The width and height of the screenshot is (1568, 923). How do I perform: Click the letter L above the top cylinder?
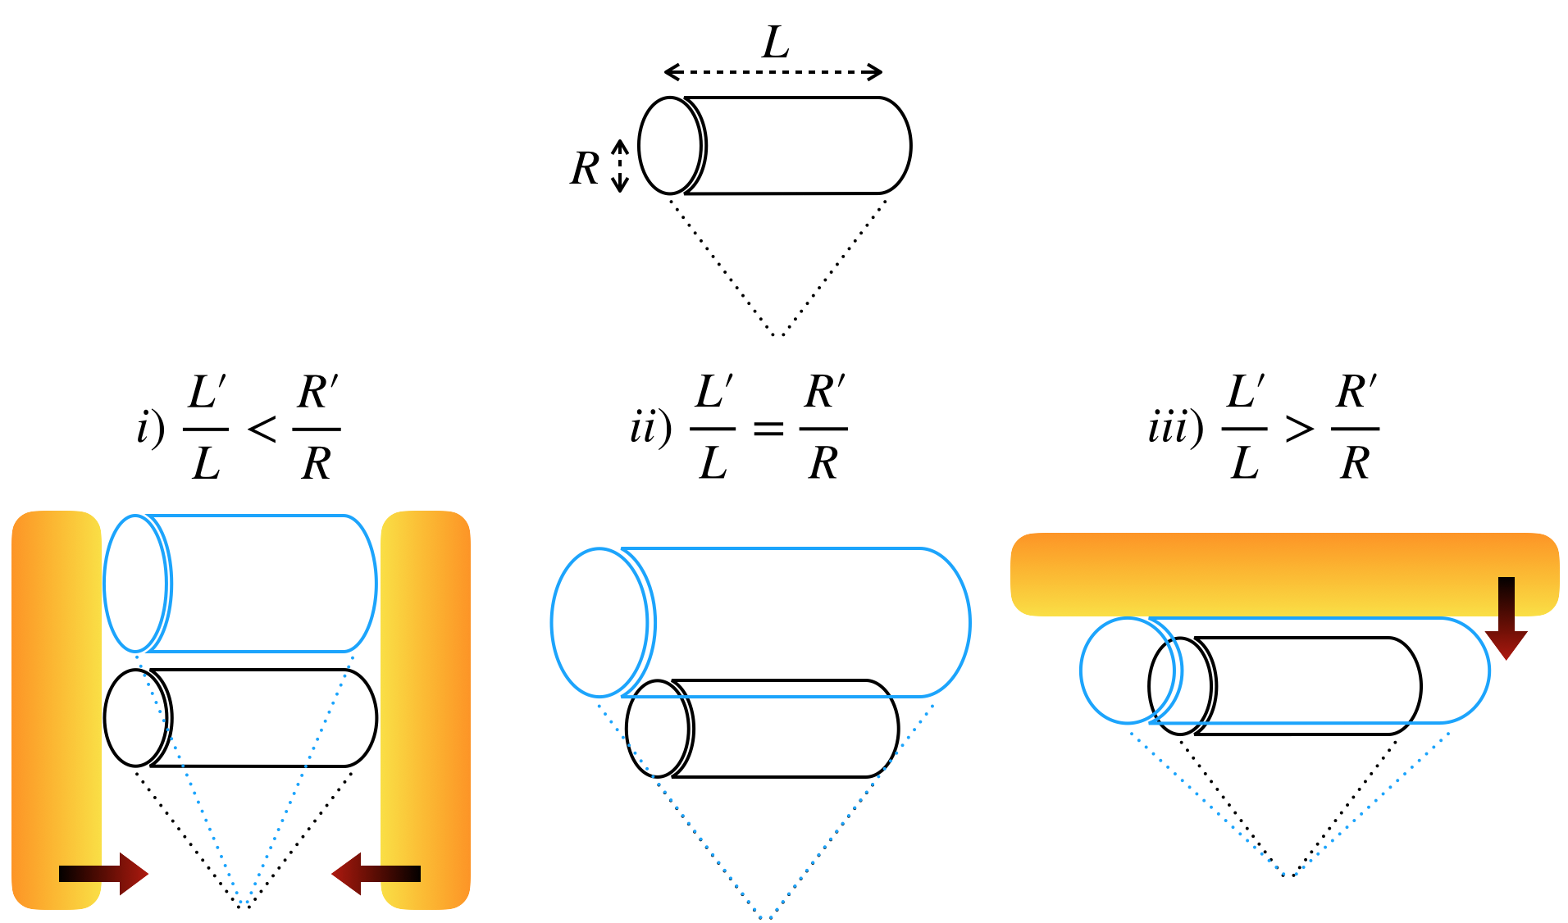[x=775, y=43]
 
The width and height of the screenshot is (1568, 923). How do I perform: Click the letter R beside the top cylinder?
[x=585, y=170]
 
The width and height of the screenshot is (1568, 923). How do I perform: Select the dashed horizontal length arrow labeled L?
[x=773, y=72]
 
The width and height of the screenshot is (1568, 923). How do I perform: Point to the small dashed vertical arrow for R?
[x=621, y=166]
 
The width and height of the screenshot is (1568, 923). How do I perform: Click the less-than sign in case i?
[x=262, y=429]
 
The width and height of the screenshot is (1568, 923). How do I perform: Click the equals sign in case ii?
[x=768, y=429]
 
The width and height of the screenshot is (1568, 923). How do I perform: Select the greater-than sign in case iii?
[x=1299, y=429]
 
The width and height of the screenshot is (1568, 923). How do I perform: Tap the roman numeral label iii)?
[x=1175, y=429]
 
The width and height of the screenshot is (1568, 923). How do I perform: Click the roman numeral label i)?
[x=151, y=429]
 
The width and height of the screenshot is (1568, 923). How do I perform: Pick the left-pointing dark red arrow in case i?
[x=376, y=874]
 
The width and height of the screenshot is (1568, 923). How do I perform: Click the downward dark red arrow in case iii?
[x=1506, y=617]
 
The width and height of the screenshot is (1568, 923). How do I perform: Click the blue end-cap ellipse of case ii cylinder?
[x=599, y=623]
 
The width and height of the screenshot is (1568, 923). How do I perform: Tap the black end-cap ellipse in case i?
[x=135, y=718]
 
